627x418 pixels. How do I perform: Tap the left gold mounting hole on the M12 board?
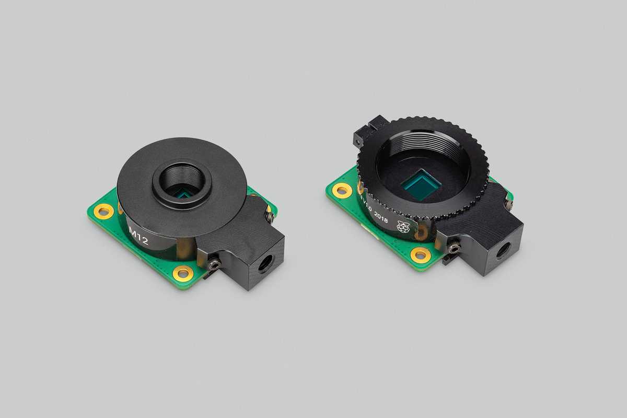click(x=103, y=212)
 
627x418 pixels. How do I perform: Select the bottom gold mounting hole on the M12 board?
click(x=182, y=272)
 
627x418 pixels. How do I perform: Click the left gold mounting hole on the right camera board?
click(x=342, y=190)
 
